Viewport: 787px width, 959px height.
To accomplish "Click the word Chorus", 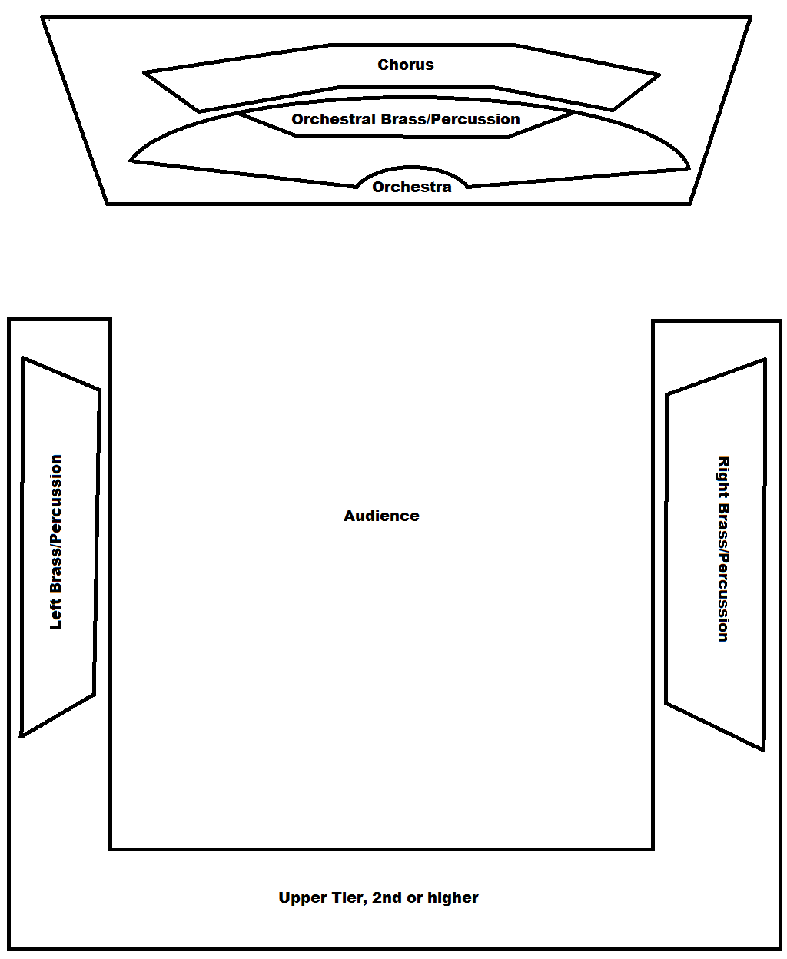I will pos(406,65).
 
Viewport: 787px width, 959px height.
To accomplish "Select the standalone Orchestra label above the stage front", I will pos(412,187).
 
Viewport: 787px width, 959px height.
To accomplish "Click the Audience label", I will pos(381,516).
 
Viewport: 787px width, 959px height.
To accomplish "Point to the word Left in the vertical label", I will pos(55,615).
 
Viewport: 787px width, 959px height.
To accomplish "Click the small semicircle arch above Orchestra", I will pos(413,169).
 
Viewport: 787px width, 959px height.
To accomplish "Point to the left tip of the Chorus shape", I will pos(144,73).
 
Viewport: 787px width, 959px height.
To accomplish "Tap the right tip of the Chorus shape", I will pos(659,75).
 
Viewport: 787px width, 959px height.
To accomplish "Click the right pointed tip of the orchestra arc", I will pos(689,168).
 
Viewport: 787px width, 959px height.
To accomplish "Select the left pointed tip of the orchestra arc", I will pos(131,161).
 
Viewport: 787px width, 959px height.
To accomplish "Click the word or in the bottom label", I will pos(415,898).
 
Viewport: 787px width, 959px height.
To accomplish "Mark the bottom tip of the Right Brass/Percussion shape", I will pos(763,750).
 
